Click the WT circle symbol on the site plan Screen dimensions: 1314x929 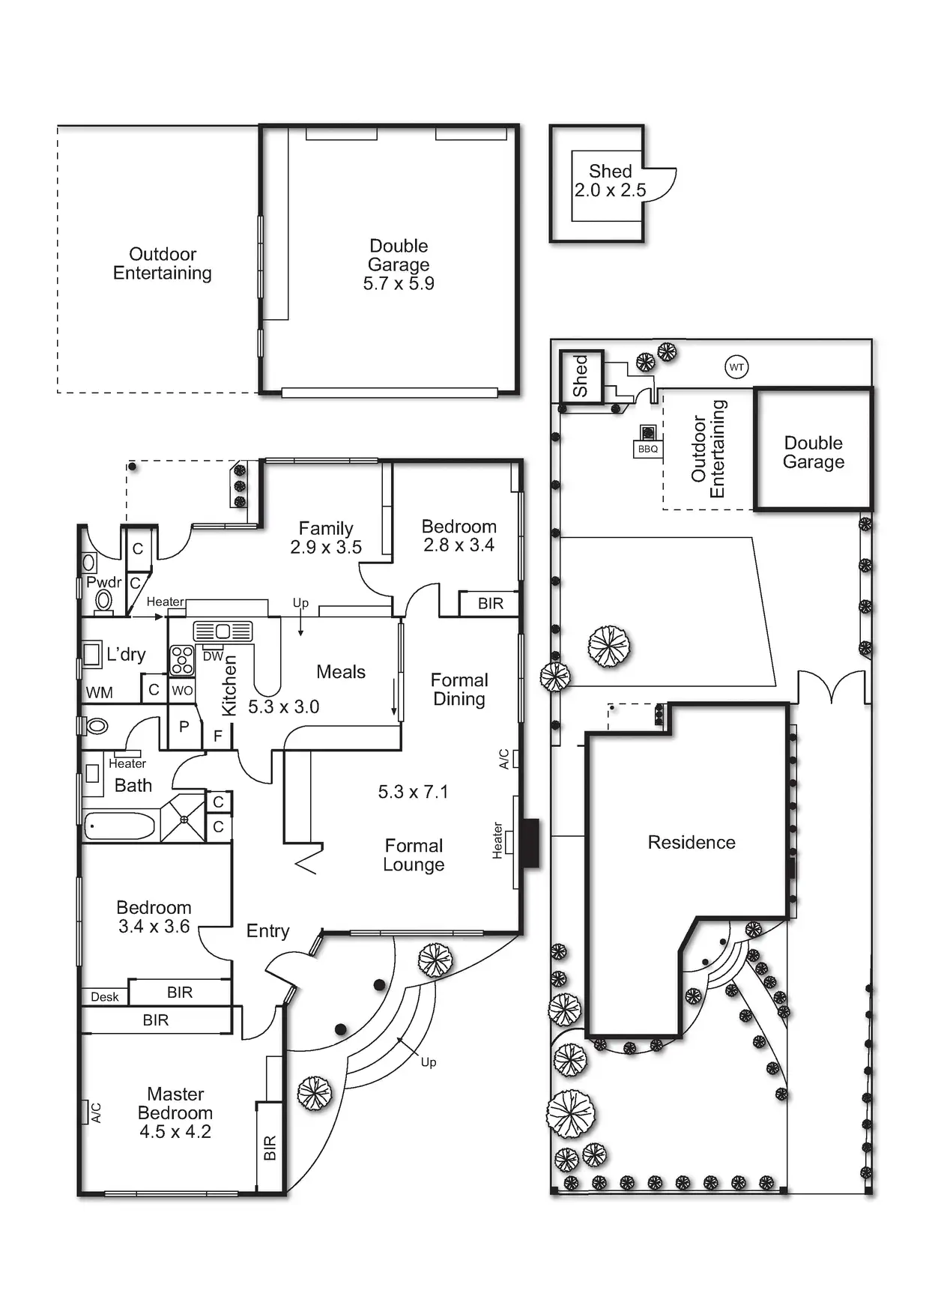[x=736, y=367]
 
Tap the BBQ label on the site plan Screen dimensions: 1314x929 [x=647, y=449]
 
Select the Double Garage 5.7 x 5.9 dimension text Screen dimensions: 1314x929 [x=399, y=284]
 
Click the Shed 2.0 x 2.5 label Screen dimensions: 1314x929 [x=610, y=181]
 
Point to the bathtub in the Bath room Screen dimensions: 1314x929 [x=120, y=826]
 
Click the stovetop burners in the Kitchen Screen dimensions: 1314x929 [x=182, y=660]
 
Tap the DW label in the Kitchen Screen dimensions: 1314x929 [x=213, y=656]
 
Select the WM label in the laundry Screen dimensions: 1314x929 [x=99, y=693]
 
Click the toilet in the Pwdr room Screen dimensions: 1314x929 [x=103, y=599]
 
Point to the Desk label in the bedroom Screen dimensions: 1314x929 [x=105, y=996]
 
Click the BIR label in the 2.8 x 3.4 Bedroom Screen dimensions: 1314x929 [x=491, y=604]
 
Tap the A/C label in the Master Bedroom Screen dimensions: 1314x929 [x=96, y=1112]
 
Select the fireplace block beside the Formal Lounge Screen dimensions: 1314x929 [x=530, y=843]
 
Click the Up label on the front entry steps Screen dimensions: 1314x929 [x=429, y=1062]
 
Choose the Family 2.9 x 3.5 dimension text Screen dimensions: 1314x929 [x=326, y=548]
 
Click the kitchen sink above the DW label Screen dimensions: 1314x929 [x=223, y=632]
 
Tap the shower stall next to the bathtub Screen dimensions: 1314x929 [x=184, y=819]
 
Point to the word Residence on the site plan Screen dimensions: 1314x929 [x=692, y=843]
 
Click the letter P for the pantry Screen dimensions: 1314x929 [x=184, y=727]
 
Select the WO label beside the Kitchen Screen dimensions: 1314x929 [x=182, y=691]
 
